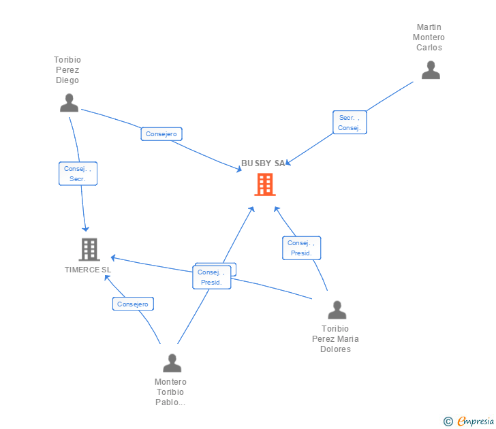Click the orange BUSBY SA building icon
click(x=265, y=185)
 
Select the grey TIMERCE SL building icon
click(x=89, y=249)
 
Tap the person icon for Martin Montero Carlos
click(x=431, y=70)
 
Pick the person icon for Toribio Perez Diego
click(x=69, y=103)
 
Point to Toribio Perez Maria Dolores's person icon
click(x=337, y=310)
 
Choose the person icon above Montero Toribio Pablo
click(x=172, y=363)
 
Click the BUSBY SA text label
click(x=263, y=163)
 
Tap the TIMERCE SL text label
click(x=88, y=270)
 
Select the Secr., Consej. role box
click(x=350, y=123)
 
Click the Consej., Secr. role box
click(x=78, y=174)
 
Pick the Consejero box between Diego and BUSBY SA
click(x=161, y=134)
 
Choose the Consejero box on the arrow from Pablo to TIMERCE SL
click(x=133, y=304)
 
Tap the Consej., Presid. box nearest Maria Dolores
click(x=301, y=248)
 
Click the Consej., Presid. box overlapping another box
click(x=212, y=277)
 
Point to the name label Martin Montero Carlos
click(x=429, y=37)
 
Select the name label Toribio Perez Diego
click(x=67, y=70)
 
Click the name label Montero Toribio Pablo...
click(x=170, y=392)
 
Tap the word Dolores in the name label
click(x=336, y=349)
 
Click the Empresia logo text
click(x=476, y=421)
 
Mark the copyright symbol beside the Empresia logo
click(x=448, y=422)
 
